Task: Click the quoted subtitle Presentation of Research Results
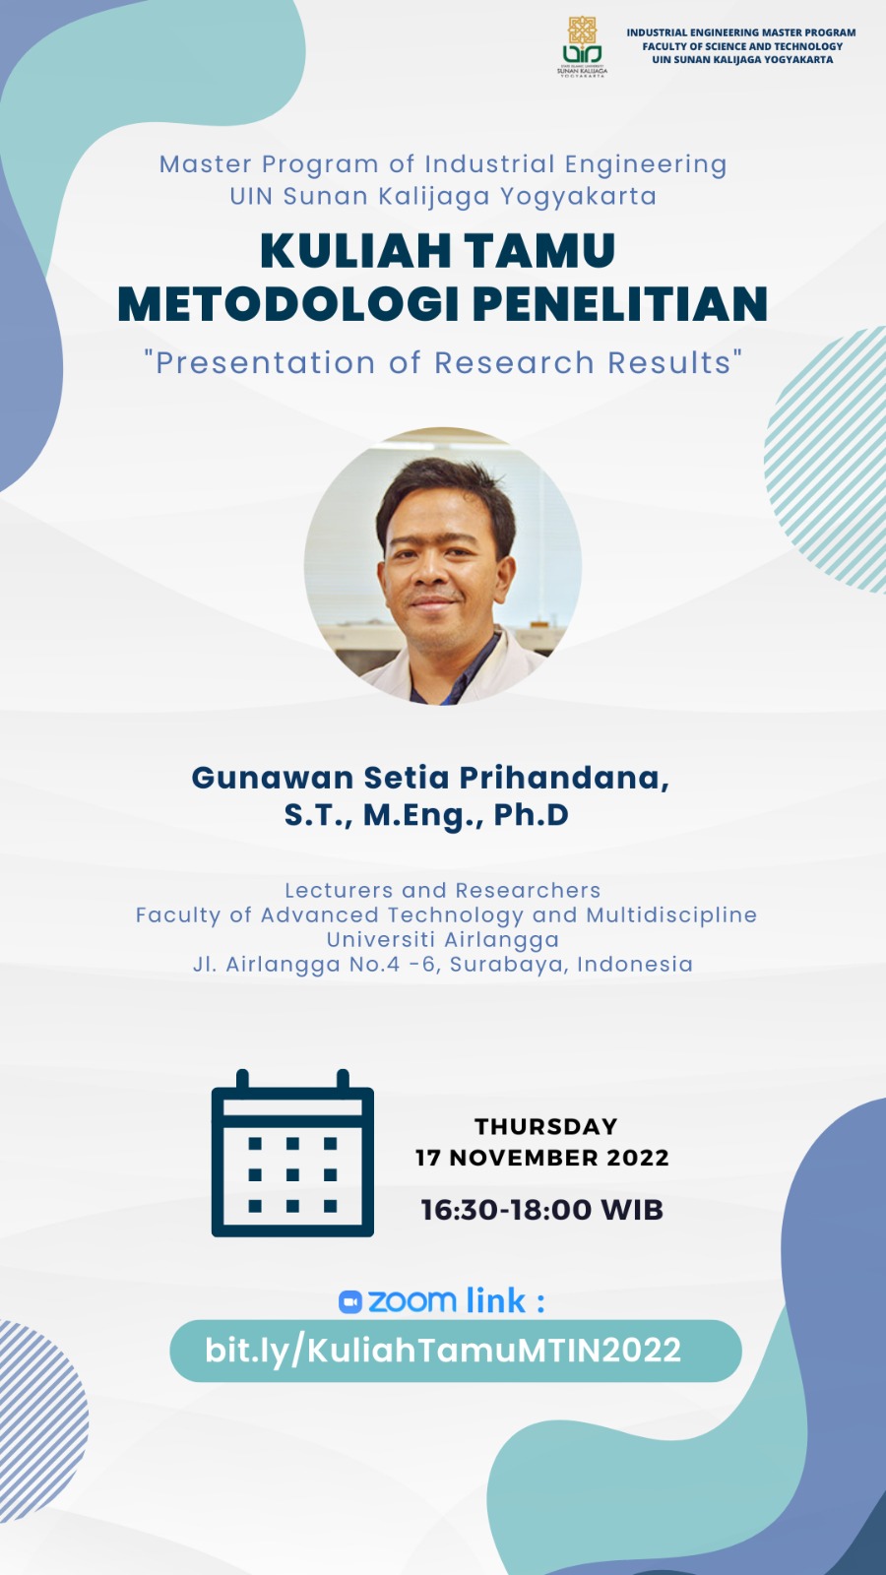tap(443, 363)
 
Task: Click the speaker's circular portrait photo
tap(443, 567)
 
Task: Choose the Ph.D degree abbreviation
tap(532, 815)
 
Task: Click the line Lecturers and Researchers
tap(443, 890)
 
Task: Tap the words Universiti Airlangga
tap(443, 939)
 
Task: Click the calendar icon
tap(292, 1153)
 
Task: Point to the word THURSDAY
tap(546, 1126)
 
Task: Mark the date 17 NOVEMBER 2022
tap(542, 1158)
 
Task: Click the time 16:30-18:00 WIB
tap(542, 1210)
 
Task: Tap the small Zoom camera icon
tap(350, 1302)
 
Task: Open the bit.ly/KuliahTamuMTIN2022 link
tap(443, 1351)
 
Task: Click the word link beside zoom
tap(495, 1300)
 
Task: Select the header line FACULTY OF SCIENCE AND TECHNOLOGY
tap(742, 46)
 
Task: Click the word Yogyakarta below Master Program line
tap(578, 197)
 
